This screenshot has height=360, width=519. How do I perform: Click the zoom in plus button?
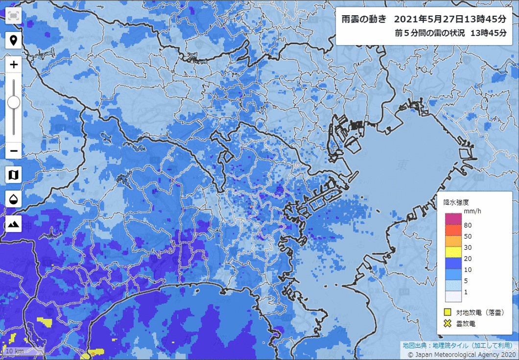[x=14, y=64]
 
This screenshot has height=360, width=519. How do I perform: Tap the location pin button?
[x=14, y=40]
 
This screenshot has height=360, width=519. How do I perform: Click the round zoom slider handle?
[x=14, y=102]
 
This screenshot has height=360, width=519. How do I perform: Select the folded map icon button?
[x=14, y=174]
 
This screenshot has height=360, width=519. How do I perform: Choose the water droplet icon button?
[x=14, y=199]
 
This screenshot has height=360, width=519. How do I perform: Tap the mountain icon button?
[x=14, y=224]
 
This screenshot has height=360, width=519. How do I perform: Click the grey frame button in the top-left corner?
[x=14, y=16]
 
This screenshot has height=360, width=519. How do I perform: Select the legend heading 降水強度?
[x=456, y=201]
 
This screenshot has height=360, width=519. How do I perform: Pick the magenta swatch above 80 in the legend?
[x=453, y=219]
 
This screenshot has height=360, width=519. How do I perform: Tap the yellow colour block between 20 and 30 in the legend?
[x=453, y=252]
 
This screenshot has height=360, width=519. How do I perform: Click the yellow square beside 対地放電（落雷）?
[x=447, y=312]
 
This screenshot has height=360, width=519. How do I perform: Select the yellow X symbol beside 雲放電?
[x=447, y=323]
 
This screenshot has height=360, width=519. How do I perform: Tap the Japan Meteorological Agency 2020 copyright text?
[x=461, y=354]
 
